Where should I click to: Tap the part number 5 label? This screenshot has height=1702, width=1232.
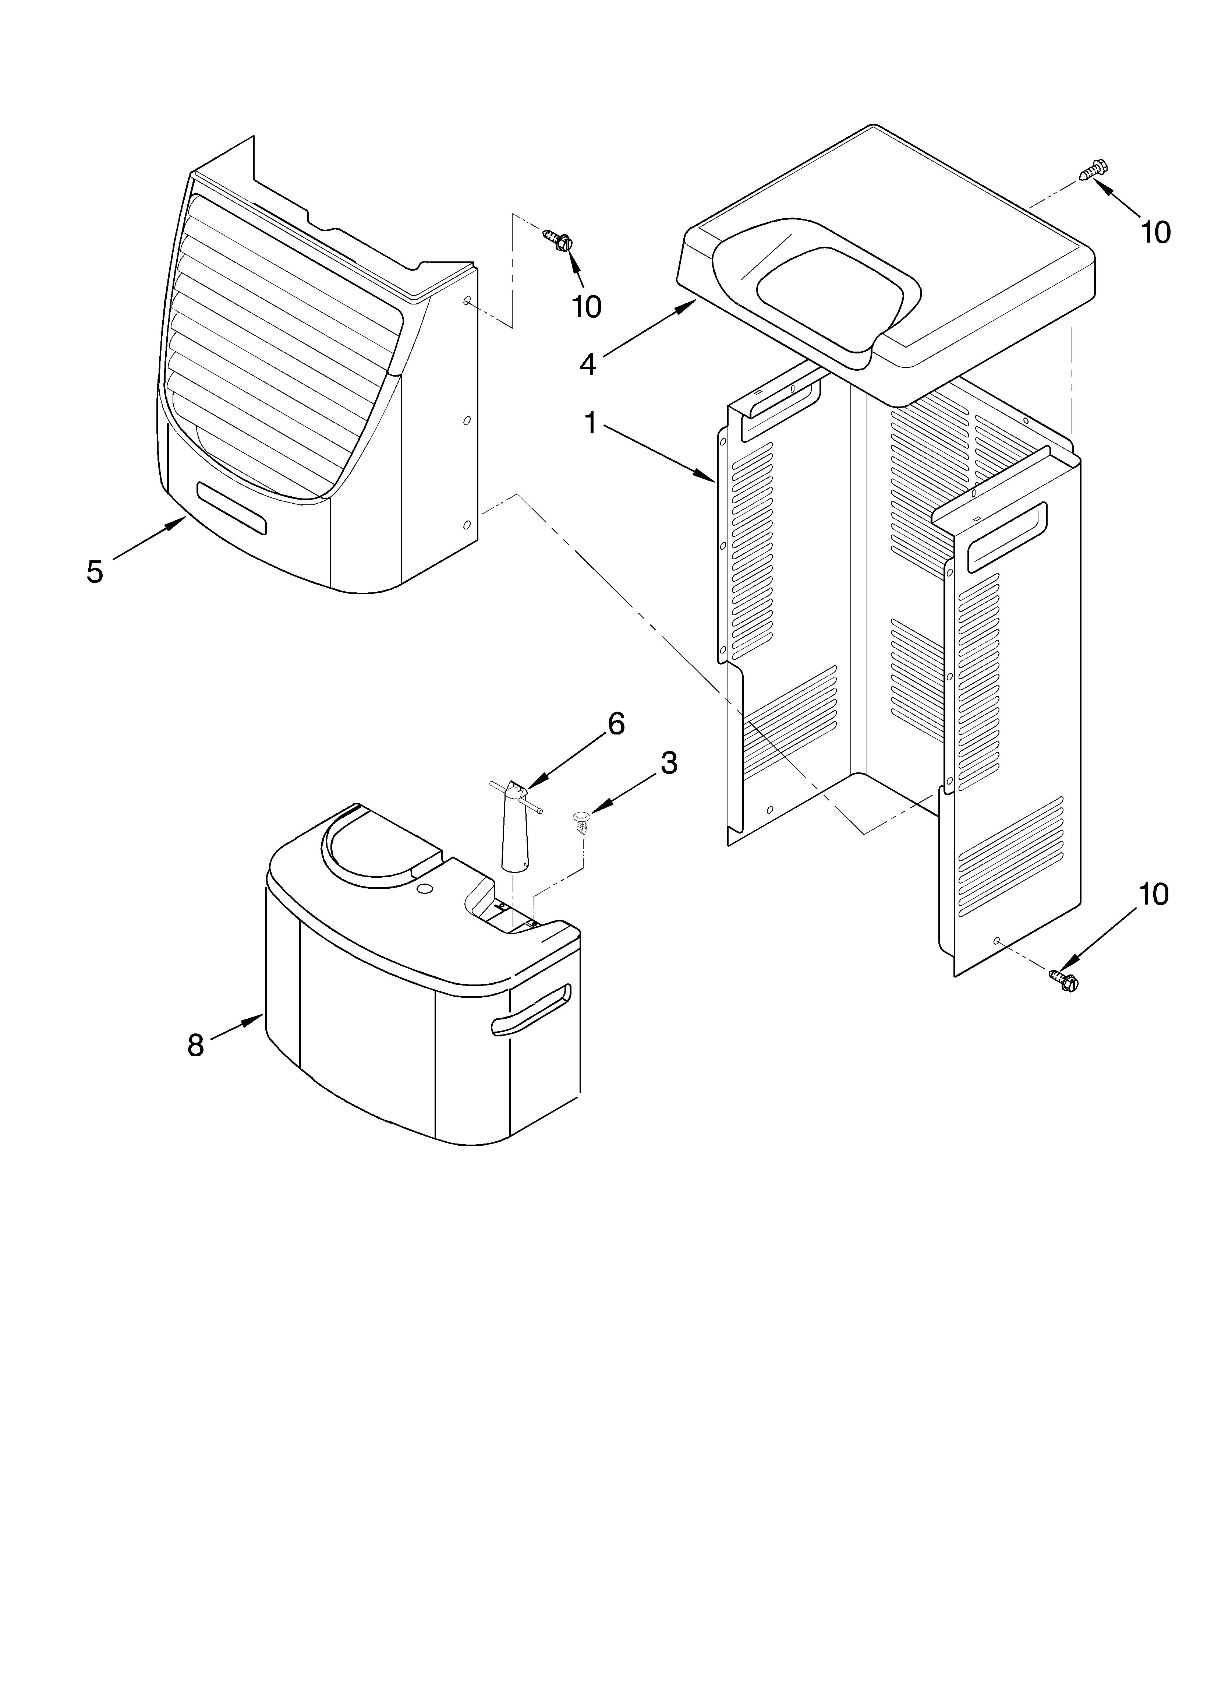95,572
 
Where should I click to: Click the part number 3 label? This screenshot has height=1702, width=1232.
669,763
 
